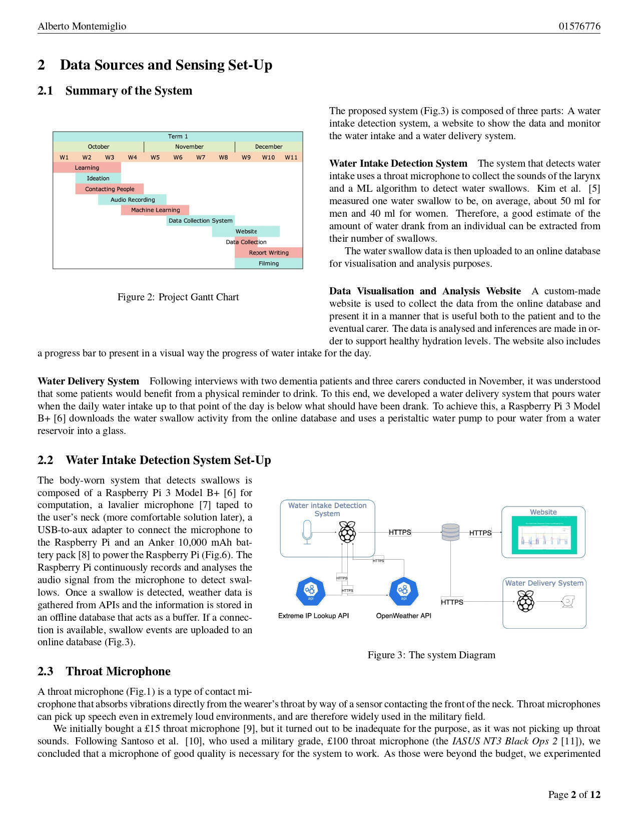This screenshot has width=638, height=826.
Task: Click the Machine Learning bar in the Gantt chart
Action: click(x=155, y=210)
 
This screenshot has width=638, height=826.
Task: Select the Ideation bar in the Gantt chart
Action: click(x=98, y=178)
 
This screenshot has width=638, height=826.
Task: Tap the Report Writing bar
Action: click(x=269, y=253)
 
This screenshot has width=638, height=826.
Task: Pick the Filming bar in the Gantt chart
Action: click(x=269, y=263)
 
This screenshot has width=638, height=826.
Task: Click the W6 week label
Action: click(x=178, y=157)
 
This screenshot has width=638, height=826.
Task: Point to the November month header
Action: click(x=189, y=147)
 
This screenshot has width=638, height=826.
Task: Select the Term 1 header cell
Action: click(x=178, y=136)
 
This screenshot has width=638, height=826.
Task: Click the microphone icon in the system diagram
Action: click(x=307, y=532)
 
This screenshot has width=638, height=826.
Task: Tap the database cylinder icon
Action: click(x=450, y=532)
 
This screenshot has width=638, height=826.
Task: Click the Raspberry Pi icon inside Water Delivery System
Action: click(x=525, y=601)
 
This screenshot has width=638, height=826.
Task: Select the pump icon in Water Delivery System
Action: click(x=568, y=601)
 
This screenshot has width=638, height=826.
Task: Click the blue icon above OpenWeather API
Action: click(x=403, y=591)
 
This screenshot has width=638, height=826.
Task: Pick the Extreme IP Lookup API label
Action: click(x=313, y=616)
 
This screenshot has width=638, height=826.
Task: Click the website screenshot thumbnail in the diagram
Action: click(x=543, y=535)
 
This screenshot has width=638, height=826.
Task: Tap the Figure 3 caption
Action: click(x=431, y=655)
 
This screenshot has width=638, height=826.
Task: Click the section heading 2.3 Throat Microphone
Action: click(x=104, y=671)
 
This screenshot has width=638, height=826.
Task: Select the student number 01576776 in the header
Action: click(x=579, y=26)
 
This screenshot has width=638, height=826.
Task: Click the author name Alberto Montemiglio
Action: click(x=82, y=26)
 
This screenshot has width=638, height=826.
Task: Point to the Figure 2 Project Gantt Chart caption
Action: click(x=178, y=297)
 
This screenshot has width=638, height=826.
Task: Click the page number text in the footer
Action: click(x=574, y=794)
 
